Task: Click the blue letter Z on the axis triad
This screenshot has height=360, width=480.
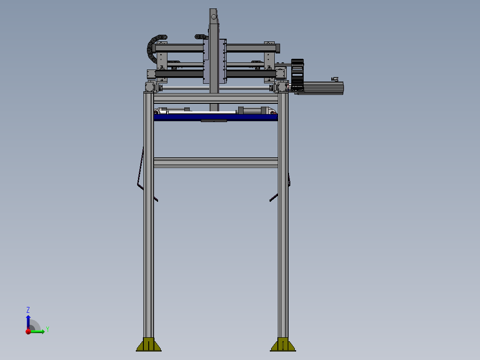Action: tap(28, 310)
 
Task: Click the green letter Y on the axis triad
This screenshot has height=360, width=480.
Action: tap(48, 329)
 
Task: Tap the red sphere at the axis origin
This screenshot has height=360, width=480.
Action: tap(28, 331)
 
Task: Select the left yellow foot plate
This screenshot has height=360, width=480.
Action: tap(149, 345)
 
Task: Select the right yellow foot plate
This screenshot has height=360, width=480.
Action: tap(283, 345)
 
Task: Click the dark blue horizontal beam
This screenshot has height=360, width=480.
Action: tap(216, 117)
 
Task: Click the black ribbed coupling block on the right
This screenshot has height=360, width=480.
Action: tap(297, 75)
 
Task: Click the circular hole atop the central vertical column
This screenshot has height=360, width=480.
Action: tap(214, 17)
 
